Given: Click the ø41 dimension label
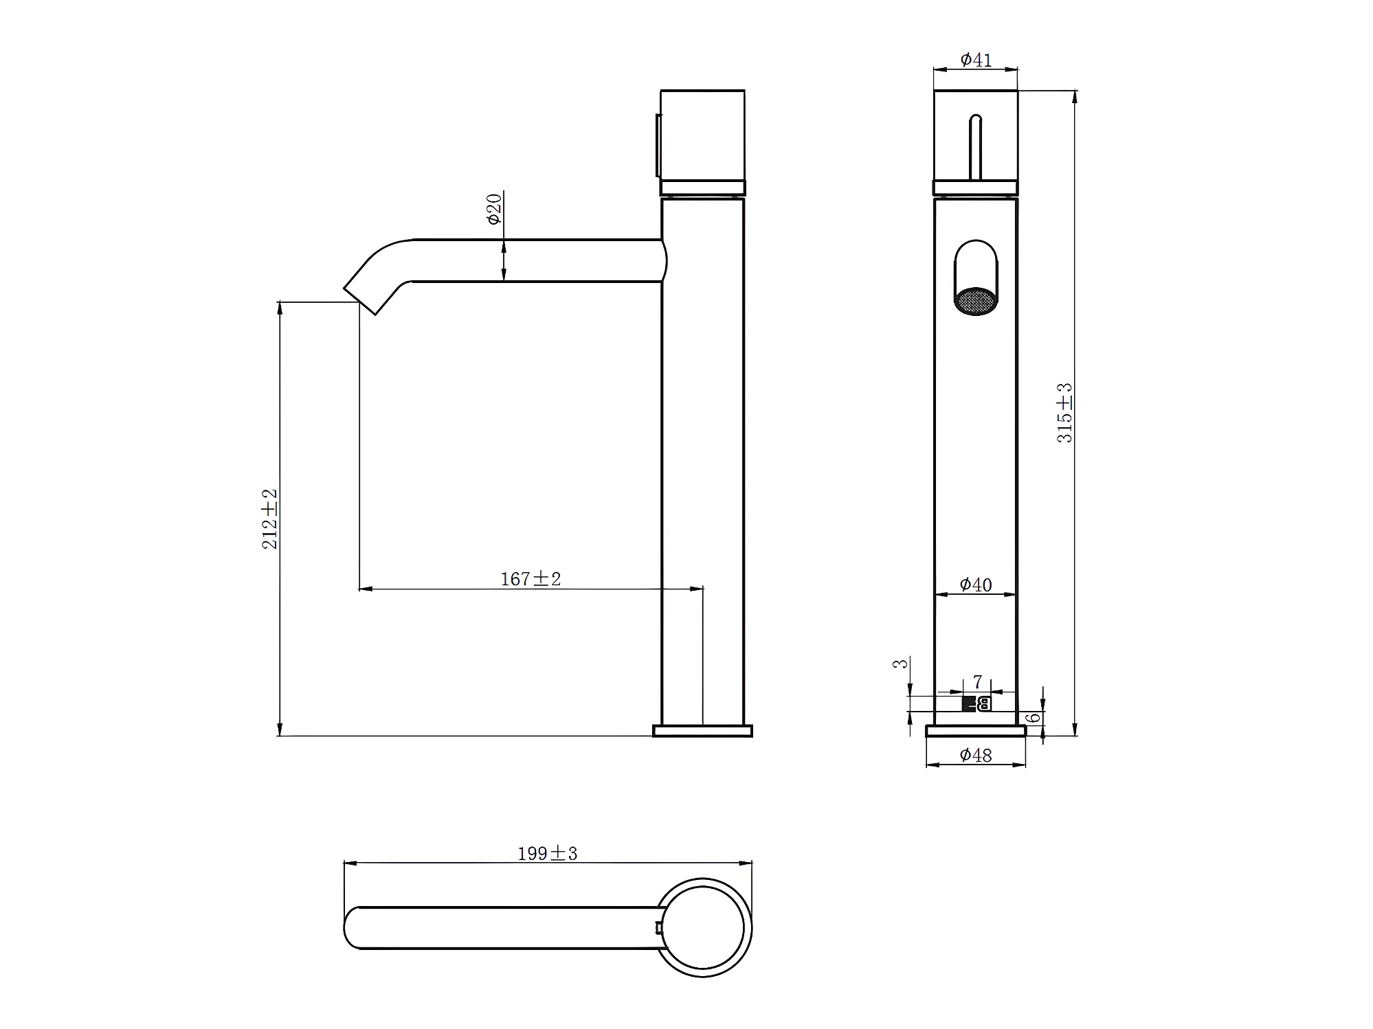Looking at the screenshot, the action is tap(976, 60).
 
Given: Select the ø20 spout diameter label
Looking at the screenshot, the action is tap(494, 209).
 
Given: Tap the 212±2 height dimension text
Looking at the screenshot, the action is tap(270, 519).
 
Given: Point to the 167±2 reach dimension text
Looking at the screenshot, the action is tap(531, 579).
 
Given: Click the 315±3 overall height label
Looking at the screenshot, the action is tap(1064, 413).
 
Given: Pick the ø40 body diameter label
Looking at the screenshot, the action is tap(976, 585).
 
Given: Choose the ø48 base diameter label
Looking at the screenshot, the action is tap(976, 756).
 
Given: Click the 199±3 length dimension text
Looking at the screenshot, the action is tap(547, 854).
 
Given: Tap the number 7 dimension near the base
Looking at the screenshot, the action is tap(978, 682).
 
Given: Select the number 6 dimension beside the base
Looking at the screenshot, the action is tap(1033, 719).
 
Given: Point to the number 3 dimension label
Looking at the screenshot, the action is tap(900, 664).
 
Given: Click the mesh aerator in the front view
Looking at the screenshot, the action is tap(976, 301).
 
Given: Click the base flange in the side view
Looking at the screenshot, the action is tap(702, 730).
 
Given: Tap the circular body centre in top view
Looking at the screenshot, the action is tap(702, 927).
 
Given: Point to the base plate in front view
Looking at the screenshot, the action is tap(976, 730).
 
